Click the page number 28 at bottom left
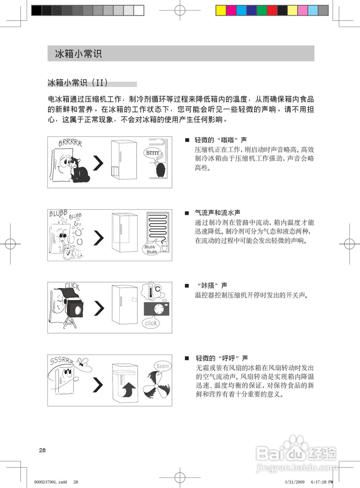[x=42, y=450]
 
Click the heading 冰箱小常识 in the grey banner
[x=79, y=53]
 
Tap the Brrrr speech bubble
[x=153, y=153]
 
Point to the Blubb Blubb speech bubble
[x=151, y=249]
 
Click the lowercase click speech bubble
[x=151, y=323]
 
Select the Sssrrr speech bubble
[x=163, y=366]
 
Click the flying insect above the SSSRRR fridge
[x=82, y=361]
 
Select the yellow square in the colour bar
[x=221, y=10]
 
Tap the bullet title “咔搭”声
[x=212, y=285]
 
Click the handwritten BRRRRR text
[x=70, y=143]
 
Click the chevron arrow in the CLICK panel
[x=98, y=308]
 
